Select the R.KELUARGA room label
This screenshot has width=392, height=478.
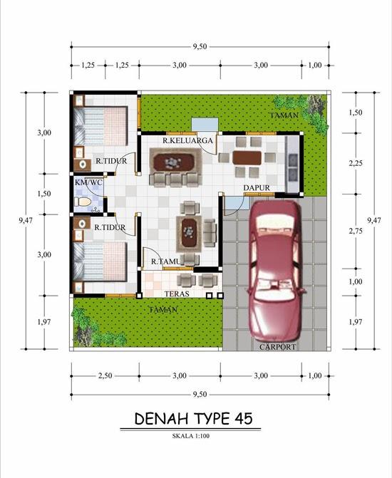187,141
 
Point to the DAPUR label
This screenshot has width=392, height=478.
255,188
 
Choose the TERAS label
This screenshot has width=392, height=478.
176,293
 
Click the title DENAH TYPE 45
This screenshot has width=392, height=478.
192,418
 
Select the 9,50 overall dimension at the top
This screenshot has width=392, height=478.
200,46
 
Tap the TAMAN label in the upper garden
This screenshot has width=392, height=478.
282,115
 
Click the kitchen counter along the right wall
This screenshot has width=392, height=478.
292,164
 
